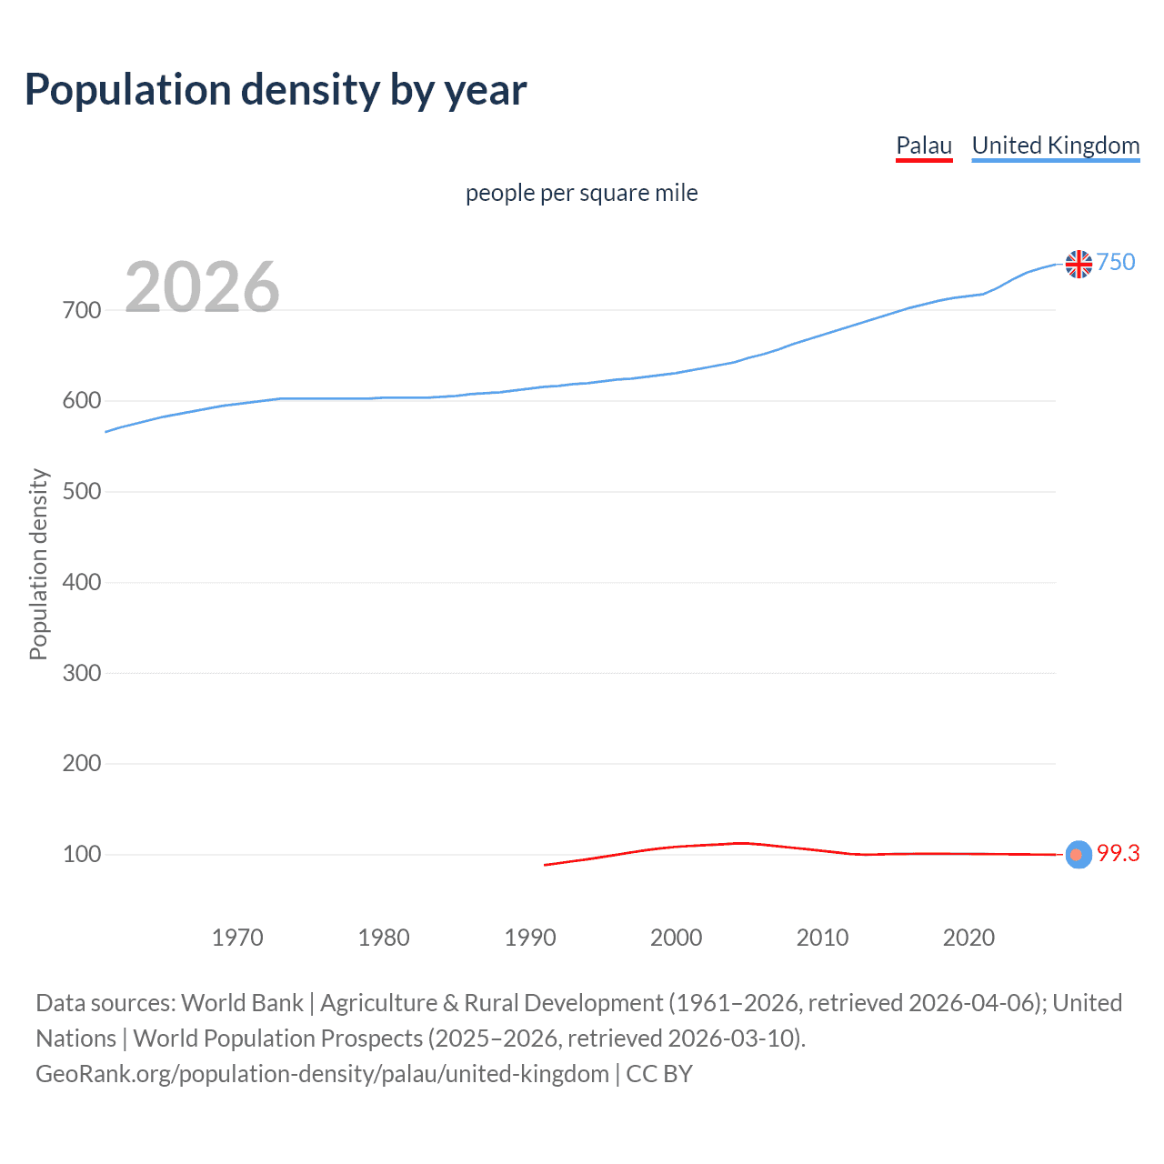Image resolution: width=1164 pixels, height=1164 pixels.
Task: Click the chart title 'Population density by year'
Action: [276, 90]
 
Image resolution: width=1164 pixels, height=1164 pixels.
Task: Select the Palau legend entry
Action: [924, 145]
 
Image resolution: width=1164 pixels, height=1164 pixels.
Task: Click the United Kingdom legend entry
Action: [1055, 145]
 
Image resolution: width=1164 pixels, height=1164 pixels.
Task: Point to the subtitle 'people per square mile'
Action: [581, 194]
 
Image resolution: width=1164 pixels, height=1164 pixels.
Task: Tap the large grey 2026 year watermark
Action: [202, 287]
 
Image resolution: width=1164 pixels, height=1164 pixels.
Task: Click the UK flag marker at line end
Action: [1079, 264]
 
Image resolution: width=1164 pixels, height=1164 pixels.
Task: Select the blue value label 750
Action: [1116, 262]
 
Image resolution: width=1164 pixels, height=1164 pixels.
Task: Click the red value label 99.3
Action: [1118, 853]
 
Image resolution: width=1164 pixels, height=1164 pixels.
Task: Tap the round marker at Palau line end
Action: [1078, 855]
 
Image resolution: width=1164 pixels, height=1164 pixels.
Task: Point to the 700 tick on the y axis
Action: [82, 310]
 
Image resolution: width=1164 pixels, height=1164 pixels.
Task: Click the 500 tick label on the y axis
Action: [82, 491]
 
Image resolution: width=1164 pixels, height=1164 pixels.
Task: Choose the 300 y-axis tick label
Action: [82, 673]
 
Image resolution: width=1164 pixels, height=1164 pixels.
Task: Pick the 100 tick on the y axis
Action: [82, 854]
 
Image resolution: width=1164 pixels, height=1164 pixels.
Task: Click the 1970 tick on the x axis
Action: [237, 938]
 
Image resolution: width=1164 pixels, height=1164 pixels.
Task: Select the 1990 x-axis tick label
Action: [530, 938]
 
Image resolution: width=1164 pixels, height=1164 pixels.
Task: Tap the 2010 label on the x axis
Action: [822, 938]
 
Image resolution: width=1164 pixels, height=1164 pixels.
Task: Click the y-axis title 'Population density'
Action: [38, 564]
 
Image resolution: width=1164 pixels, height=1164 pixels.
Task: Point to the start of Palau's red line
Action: [546, 865]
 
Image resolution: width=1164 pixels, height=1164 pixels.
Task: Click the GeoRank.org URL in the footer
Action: [322, 1074]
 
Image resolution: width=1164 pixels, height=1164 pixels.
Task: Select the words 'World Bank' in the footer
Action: [242, 1003]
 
